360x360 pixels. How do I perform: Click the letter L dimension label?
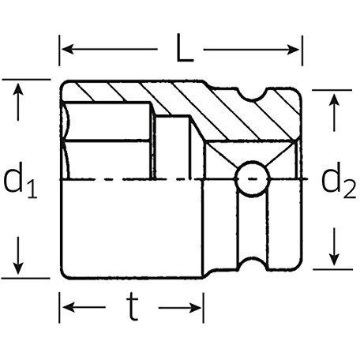tap(185, 48)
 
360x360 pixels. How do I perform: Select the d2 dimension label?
tap(339, 180)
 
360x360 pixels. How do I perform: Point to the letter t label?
tap(133, 307)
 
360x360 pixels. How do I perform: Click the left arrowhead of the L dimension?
tap(68, 49)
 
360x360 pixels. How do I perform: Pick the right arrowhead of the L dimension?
tap(293, 50)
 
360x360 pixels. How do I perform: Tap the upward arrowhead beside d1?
tap(18, 89)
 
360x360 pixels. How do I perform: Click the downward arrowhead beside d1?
tap(18, 268)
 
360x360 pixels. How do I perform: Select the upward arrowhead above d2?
tap(334, 100)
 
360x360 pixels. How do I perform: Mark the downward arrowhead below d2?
tap(334, 259)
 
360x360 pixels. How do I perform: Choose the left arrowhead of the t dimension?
tap(69, 307)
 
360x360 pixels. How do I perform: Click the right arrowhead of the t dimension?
tap(195, 307)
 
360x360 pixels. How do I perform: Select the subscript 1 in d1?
tap(32, 189)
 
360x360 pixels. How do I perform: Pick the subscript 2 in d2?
tap(350, 189)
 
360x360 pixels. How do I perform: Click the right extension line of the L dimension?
tap(302, 51)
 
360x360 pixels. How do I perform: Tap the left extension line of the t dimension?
tap(59, 307)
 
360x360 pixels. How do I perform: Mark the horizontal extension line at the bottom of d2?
tap(332, 269)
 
